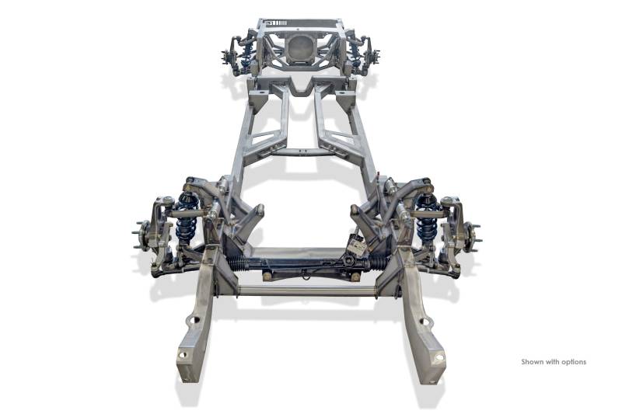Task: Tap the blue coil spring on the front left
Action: [187, 218]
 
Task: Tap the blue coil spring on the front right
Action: [427, 218]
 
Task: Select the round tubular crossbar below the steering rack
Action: [307, 291]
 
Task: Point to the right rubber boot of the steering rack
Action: [379, 263]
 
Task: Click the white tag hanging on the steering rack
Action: [358, 248]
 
